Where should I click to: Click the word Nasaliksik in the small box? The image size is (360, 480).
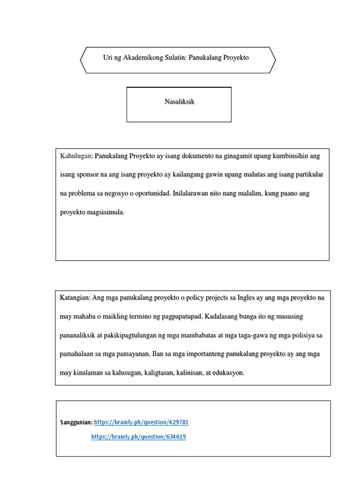(180, 102)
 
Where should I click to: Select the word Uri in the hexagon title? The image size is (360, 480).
(108, 58)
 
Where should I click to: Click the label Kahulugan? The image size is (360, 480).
(77, 156)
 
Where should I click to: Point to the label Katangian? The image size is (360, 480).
(75, 298)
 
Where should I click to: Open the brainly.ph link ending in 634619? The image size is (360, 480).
(138, 437)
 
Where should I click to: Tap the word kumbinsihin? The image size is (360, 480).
(289, 156)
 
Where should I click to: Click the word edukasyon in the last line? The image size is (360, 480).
(228, 374)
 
